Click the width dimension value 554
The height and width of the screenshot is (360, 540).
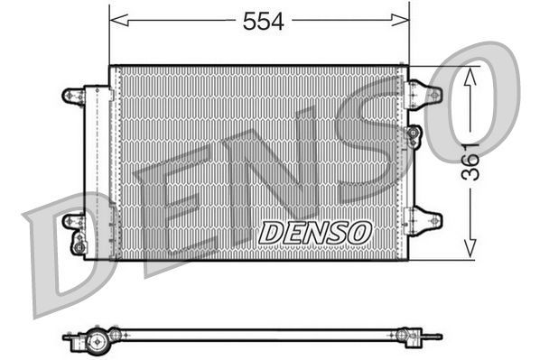[x=263, y=23]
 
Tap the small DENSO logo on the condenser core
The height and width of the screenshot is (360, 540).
[x=315, y=232]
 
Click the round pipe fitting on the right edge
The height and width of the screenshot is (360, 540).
[x=414, y=136]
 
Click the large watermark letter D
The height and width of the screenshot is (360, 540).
[x=68, y=257]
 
